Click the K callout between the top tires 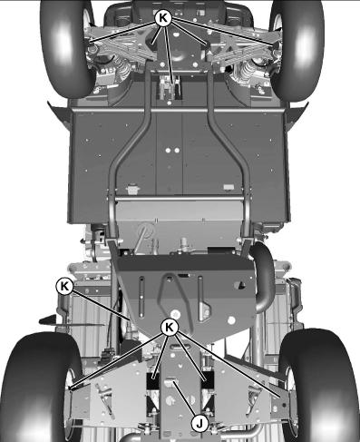(163, 15)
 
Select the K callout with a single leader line (63, 286)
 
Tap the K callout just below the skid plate (168, 327)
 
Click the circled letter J (199, 422)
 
